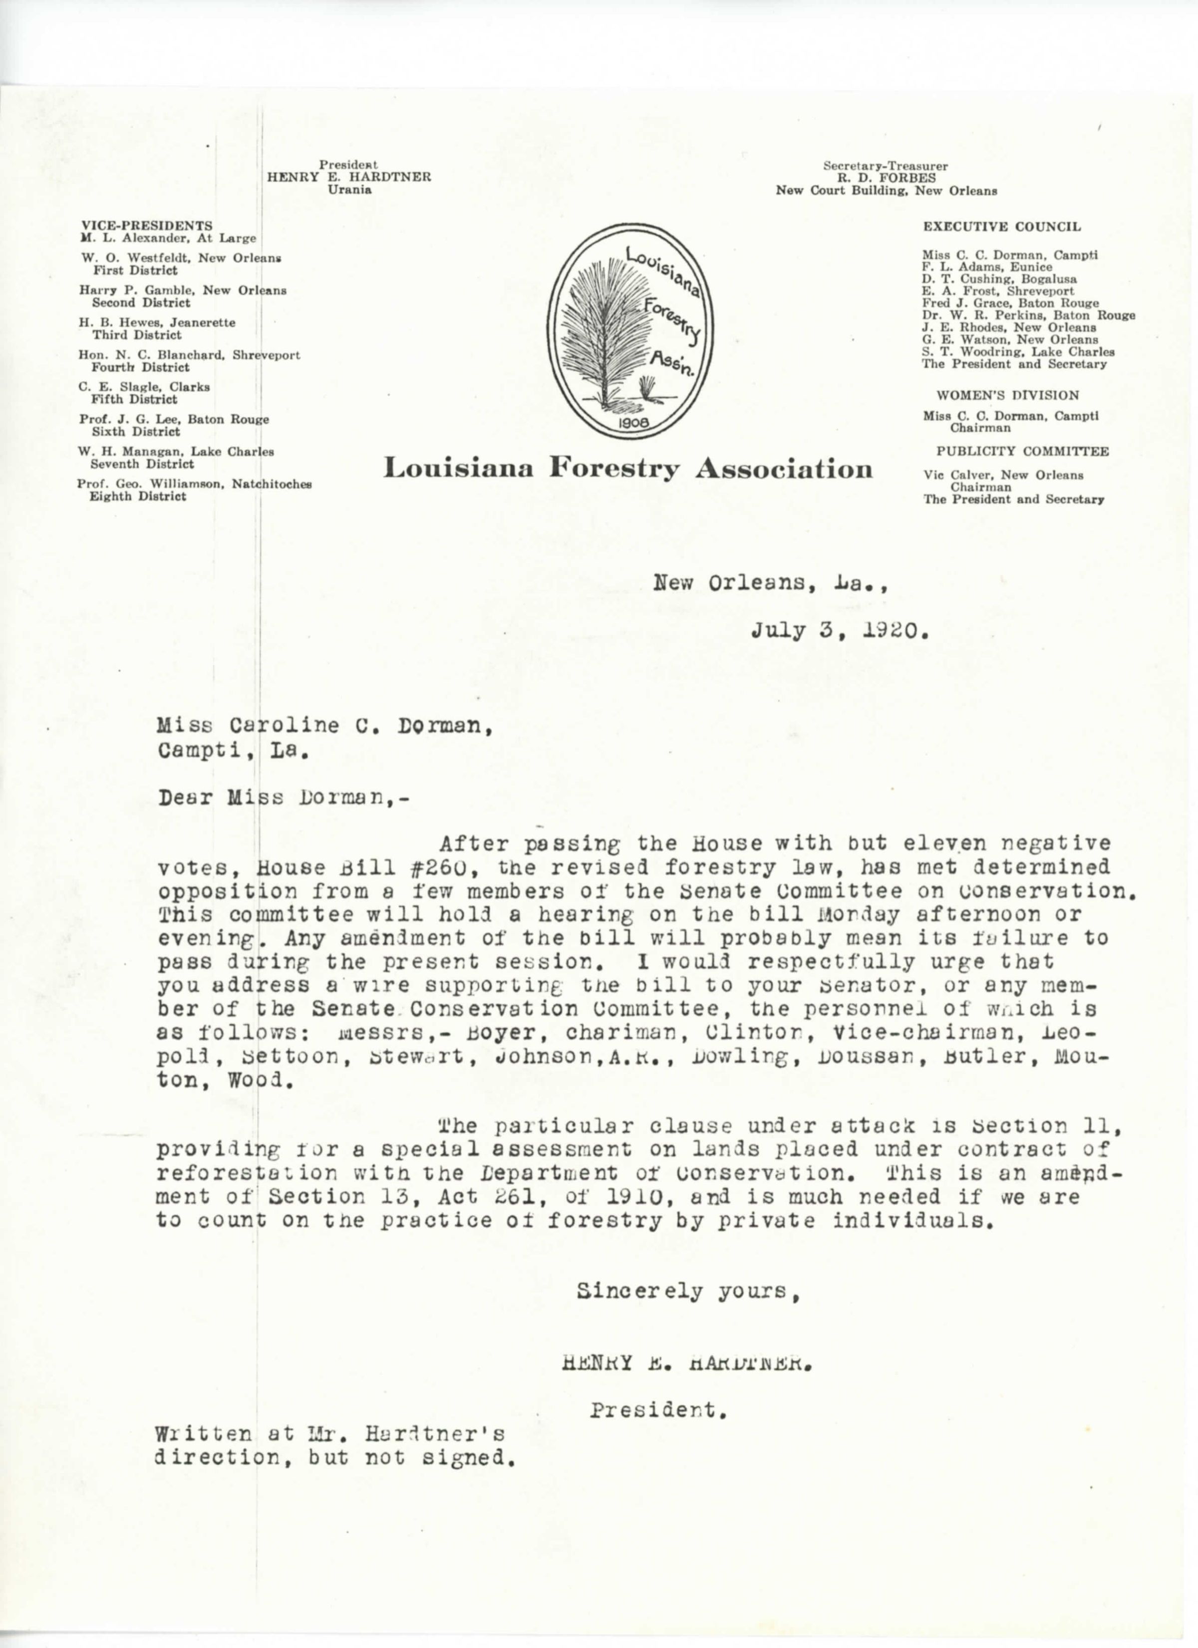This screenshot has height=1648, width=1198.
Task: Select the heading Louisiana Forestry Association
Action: (628, 469)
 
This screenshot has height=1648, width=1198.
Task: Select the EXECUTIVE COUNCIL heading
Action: (1002, 227)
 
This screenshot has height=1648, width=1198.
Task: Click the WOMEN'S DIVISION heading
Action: (1007, 395)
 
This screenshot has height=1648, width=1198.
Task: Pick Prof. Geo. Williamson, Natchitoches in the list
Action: (195, 484)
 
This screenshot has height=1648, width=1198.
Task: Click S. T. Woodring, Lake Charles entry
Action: (1018, 352)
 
